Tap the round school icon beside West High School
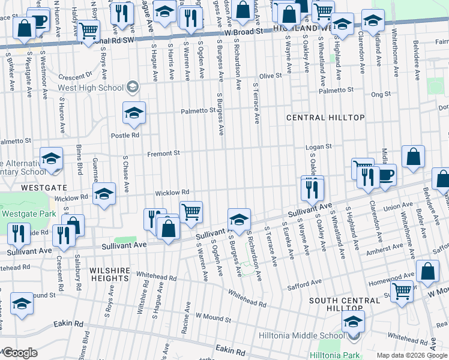[133, 88]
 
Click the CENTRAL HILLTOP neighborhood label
[325, 118]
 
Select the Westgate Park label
[28, 213]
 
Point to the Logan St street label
[318, 147]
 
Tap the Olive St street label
[270, 76]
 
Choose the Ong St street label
[381, 94]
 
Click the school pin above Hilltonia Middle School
[352, 320]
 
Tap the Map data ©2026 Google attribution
[411, 355]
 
